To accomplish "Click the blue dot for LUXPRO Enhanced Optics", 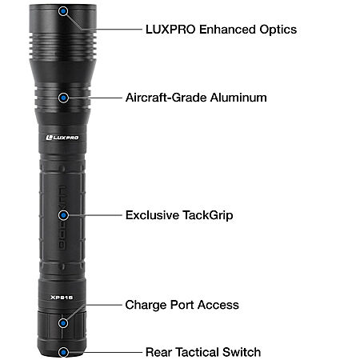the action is point(63,11).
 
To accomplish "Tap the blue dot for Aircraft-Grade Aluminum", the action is point(63,98).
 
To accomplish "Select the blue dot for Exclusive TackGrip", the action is point(63,215).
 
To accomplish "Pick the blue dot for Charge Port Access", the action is point(63,323).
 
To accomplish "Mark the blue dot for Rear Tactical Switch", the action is point(63,352).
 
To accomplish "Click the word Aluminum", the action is point(238,98).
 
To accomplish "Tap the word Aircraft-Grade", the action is point(166,98).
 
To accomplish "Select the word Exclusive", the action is point(152,215).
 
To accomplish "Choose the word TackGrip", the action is point(208,216).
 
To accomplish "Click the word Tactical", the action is point(198,352).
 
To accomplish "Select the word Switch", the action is point(242,352).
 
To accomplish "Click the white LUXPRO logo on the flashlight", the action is point(62,138).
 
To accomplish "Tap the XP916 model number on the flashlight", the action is point(62,298).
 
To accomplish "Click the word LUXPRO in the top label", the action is point(170,30).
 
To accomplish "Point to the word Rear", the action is point(158,352).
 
